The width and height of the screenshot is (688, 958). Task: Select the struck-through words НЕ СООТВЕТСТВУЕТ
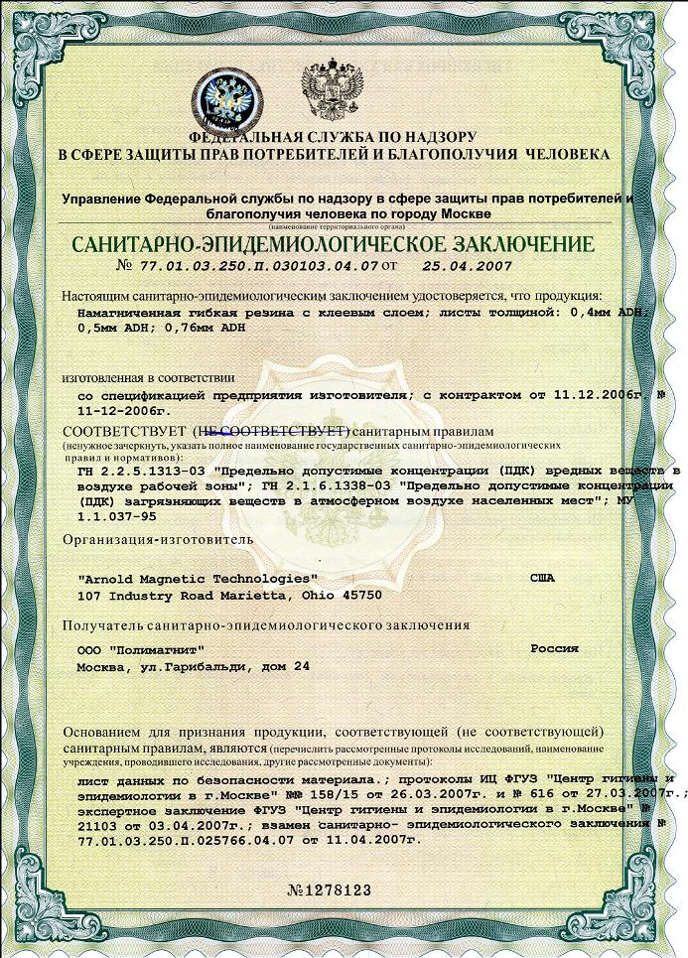click(269, 433)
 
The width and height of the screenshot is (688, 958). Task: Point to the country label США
click(546, 577)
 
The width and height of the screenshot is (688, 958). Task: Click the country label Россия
click(554, 647)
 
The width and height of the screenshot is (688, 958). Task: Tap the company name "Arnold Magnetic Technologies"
click(197, 578)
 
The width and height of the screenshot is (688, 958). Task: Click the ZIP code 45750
click(360, 596)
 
